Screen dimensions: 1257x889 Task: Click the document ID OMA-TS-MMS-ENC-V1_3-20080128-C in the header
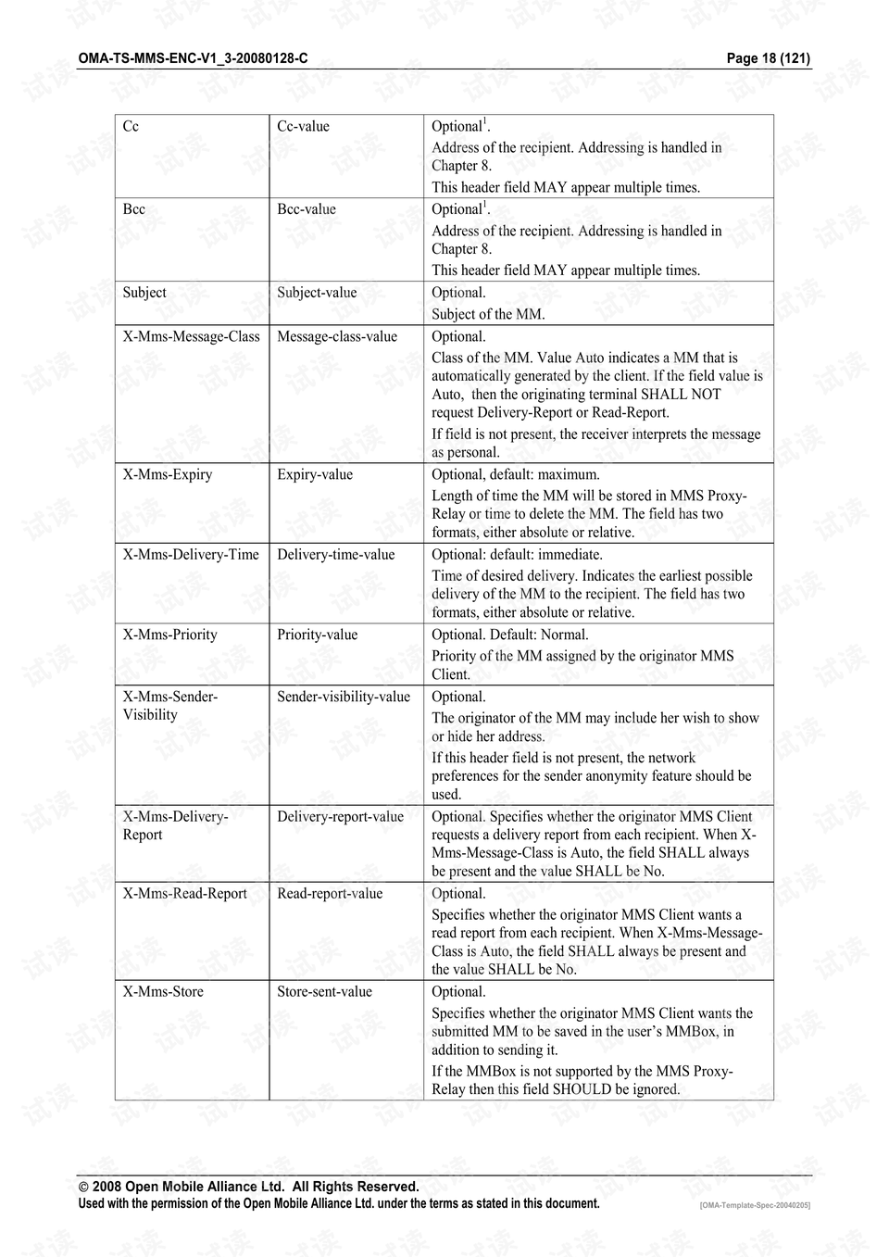click(193, 58)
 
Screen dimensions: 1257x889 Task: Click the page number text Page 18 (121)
click(768, 58)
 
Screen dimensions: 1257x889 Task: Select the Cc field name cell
click(131, 127)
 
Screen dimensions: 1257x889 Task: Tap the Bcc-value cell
click(307, 209)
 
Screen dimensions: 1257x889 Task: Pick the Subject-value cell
click(317, 293)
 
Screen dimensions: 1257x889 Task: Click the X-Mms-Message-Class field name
click(191, 337)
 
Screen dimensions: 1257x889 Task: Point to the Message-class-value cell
click(337, 337)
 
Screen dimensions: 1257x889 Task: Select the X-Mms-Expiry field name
click(168, 475)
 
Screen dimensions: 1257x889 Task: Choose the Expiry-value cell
click(315, 475)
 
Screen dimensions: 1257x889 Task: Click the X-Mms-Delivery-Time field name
click(191, 555)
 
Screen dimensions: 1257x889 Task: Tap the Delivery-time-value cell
click(336, 555)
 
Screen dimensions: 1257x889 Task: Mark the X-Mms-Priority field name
click(170, 635)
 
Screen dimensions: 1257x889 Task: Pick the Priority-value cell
click(318, 635)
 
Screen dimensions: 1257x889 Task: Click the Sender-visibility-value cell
click(344, 698)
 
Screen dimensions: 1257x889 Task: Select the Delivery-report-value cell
click(341, 817)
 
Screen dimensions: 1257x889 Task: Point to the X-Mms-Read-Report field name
click(185, 894)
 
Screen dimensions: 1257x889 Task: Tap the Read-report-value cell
click(330, 894)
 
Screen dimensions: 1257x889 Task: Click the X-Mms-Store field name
click(163, 992)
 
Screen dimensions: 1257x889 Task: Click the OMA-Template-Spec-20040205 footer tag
click(755, 1205)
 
